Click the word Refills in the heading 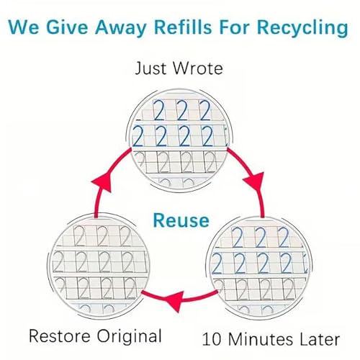pyautogui.click(x=183, y=27)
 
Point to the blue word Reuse pyautogui.click(x=181, y=220)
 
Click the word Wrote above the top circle pyautogui.click(x=197, y=68)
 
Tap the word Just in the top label pyautogui.click(x=150, y=68)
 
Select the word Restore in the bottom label pyautogui.click(x=60, y=336)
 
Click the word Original pyautogui.click(x=129, y=337)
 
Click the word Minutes pyautogui.click(x=261, y=339)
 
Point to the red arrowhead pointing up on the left pyautogui.click(x=102, y=181)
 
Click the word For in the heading pyautogui.click(x=234, y=27)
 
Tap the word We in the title pyautogui.click(x=24, y=27)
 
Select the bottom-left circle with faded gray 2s pyautogui.click(x=98, y=266)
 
